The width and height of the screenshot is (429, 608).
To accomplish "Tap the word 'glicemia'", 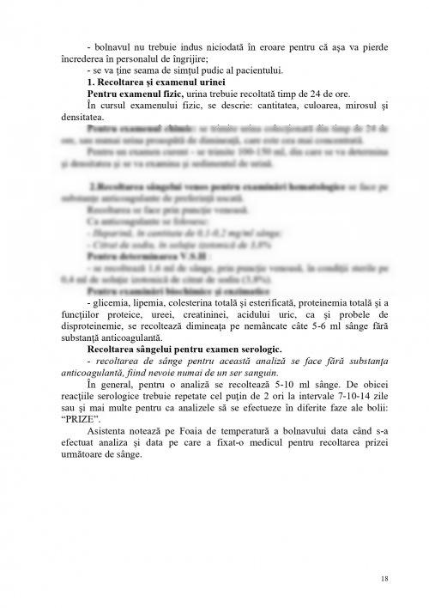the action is (112, 328).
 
